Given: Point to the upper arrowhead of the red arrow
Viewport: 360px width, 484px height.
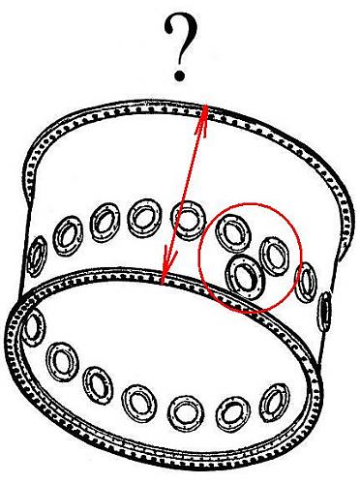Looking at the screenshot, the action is coord(202,120).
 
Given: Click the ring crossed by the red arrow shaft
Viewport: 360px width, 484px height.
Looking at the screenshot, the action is coord(189,220).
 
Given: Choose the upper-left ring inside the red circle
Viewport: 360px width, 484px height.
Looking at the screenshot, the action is coord(233,232).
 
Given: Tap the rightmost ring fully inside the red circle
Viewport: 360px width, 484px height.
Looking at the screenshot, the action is coord(275,257).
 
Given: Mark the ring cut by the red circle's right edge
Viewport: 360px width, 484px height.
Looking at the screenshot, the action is coord(306,282).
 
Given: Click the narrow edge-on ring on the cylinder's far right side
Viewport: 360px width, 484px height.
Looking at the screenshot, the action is coord(325,311).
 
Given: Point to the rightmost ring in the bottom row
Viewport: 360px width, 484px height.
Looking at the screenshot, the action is coord(275,404).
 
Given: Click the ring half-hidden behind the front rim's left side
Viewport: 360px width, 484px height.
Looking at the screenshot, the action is coord(32,327).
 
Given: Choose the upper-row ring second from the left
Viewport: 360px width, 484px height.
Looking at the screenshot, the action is coord(68,236).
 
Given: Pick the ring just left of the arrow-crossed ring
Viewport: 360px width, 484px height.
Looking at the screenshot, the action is coord(144,217).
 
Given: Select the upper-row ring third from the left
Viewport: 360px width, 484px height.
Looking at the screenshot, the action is coord(105,223).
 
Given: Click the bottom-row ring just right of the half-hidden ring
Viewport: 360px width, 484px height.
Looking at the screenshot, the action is coord(63,362).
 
